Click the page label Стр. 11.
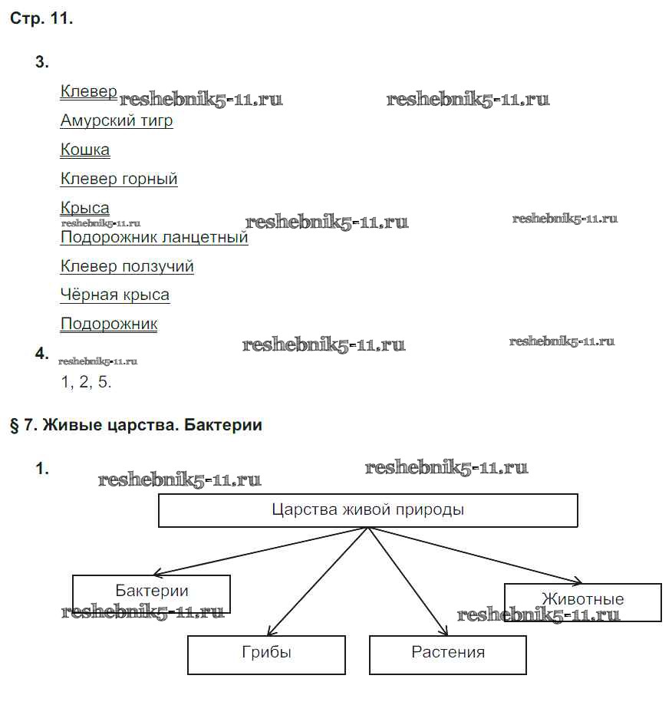(41, 19)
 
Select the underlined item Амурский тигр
(117, 120)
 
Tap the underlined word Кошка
(85, 150)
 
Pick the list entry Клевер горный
(119, 179)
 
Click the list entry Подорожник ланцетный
(154, 237)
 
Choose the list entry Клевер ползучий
(127, 266)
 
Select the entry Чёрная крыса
(115, 295)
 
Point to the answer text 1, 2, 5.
(87, 382)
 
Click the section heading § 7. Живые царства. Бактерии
(136, 425)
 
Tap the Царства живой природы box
(367, 510)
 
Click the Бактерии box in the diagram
(152, 592)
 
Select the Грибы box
(266, 654)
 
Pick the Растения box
(448, 654)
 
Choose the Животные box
(582, 600)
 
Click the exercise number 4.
(42, 354)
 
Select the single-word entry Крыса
(85, 208)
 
